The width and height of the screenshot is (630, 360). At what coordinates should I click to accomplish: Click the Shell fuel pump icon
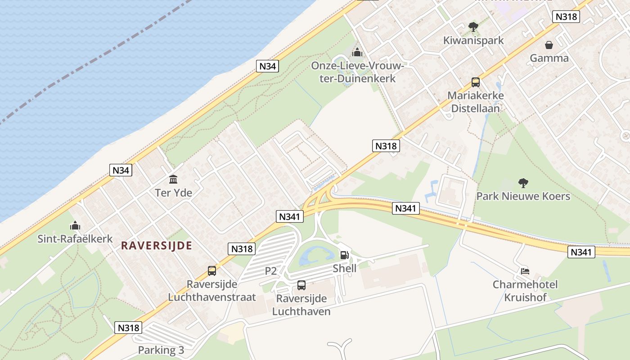point(344,255)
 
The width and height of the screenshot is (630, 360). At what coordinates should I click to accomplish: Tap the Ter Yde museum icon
point(173,180)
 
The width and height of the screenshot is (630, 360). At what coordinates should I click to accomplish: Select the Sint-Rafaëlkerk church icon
point(75,225)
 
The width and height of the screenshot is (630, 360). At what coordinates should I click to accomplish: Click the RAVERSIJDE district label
point(157,246)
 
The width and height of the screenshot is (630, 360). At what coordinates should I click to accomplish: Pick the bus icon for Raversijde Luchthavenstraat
point(212,271)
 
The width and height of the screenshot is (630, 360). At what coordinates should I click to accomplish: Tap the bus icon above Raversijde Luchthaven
point(301,285)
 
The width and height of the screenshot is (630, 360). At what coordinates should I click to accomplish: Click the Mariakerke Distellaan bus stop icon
point(476,82)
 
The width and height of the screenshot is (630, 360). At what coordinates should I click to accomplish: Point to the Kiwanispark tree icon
point(473,27)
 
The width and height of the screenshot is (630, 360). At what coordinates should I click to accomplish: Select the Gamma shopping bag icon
point(549,45)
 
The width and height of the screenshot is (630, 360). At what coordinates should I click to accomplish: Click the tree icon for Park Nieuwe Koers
point(523,183)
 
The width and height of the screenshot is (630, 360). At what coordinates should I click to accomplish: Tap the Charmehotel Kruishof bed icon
point(525,271)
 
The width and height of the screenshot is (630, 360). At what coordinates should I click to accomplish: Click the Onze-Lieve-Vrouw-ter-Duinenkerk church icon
point(357,53)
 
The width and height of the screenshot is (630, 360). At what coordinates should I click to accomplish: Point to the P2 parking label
point(271,271)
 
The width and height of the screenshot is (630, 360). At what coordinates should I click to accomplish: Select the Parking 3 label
point(161,350)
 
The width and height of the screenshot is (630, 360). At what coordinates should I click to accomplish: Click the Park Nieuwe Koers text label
point(523,197)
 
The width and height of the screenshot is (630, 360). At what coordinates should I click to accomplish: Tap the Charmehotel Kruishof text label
point(525,291)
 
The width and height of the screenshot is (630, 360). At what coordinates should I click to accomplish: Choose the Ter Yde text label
point(173,193)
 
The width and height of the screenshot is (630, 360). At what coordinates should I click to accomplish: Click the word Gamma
point(549,58)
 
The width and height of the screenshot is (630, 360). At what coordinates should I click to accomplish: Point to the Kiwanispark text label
point(473,40)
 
